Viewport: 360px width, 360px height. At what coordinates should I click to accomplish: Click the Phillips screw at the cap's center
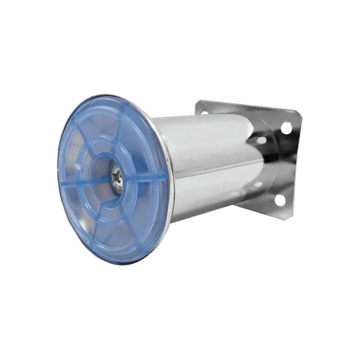click(117, 177)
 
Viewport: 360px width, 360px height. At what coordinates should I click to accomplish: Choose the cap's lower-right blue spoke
click(138, 216)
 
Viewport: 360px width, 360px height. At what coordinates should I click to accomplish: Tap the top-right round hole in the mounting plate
click(286, 128)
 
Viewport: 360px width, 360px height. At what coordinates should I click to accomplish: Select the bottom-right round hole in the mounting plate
click(280, 200)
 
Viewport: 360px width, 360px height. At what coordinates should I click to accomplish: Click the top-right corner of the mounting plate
click(299, 112)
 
